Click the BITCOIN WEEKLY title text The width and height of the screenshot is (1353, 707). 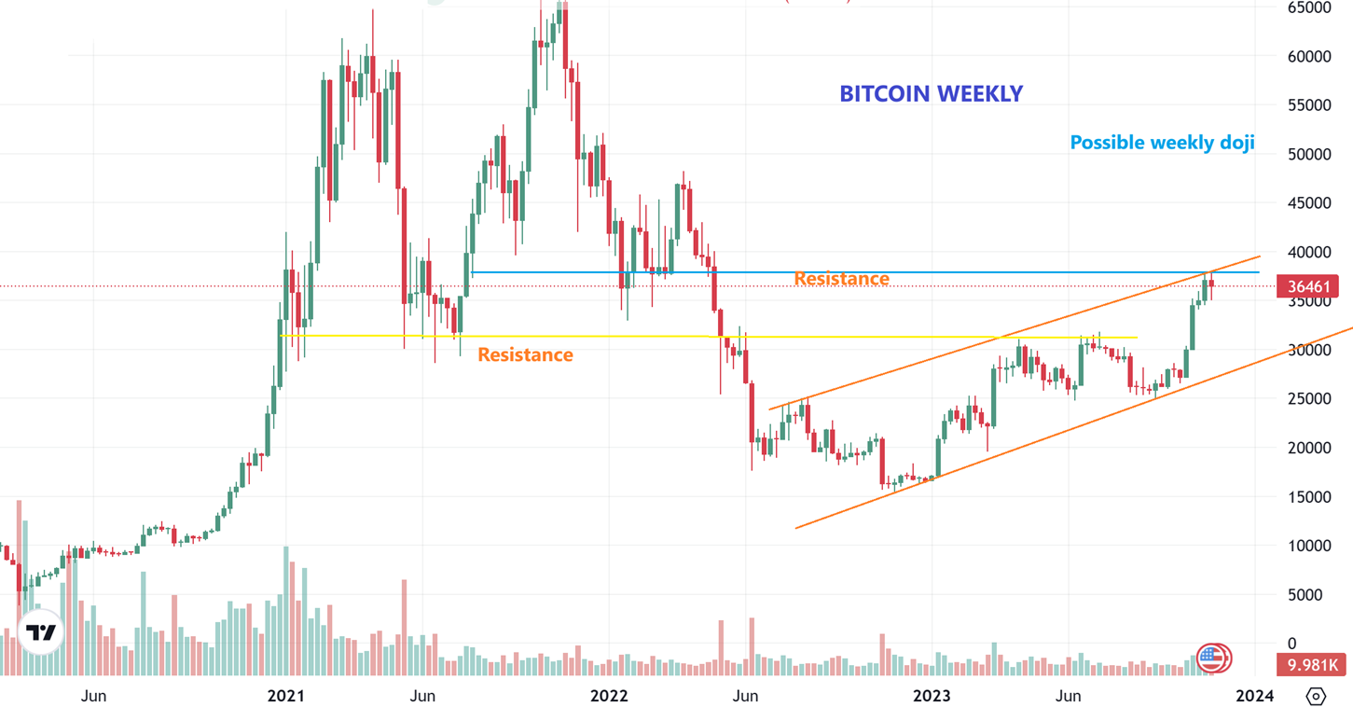[931, 93]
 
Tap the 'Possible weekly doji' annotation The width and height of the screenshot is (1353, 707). [1162, 143]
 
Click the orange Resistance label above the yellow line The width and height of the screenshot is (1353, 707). [841, 279]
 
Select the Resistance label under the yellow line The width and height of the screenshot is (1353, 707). [525, 354]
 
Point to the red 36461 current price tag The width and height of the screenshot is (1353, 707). [1307, 286]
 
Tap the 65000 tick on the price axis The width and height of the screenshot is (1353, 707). [1309, 7]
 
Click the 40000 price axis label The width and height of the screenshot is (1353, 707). [1309, 252]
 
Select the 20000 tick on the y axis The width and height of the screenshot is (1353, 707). [1309, 448]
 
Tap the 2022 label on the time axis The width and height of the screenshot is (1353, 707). [609, 696]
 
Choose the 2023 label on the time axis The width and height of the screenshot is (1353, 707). [932, 696]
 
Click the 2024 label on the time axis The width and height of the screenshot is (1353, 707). [1254, 696]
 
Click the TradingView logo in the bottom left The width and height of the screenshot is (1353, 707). [41, 633]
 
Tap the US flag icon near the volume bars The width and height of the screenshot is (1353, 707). [1212, 658]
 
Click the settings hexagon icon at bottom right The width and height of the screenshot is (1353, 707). [1316, 696]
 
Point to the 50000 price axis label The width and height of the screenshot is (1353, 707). [1309, 154]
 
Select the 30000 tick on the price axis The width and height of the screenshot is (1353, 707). [1309, 350]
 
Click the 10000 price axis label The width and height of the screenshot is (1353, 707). [1309, 546]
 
